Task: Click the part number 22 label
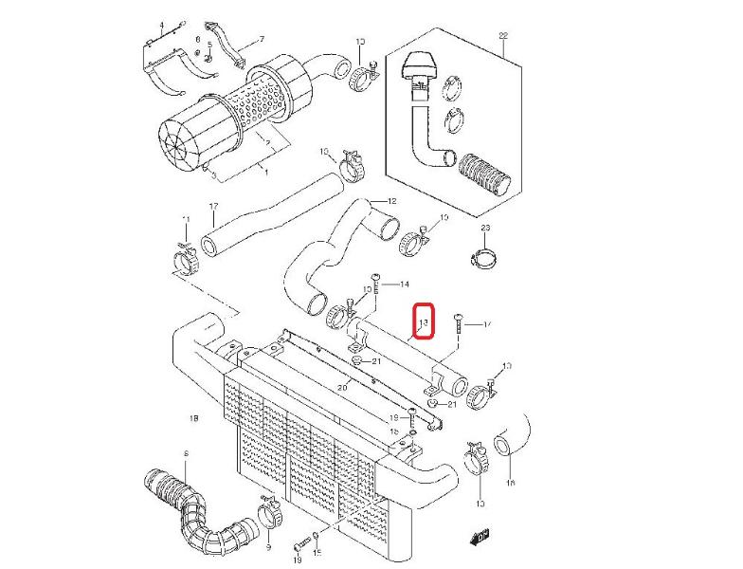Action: [x=504, y=37]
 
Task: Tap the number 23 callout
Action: [x=486, y=229]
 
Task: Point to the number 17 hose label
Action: [x=213, y=206]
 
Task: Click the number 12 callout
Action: [x=390, y=202]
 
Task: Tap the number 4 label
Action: [x=161, y=24]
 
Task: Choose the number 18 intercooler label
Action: [x=193, y=416]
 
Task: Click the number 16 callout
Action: [x=510, y=484]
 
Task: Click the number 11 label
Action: [x=187, y=220]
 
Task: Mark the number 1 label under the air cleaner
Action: [x=266, y=174]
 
